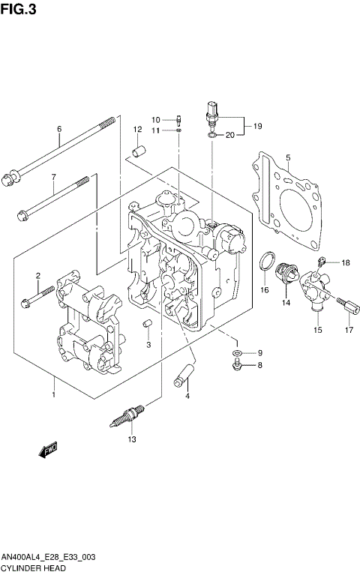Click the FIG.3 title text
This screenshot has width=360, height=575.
click(x=19, y=9)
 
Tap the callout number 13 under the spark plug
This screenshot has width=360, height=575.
click(x=131, y=439)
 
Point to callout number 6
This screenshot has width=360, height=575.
click(x=58, y=128)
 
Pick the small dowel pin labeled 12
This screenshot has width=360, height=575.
click(x=137, y=150)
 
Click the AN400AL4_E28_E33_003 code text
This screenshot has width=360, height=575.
click(x=47, y=559)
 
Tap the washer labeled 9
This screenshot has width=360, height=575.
click(x=236, y=352)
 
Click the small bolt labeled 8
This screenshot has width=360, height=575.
click(x=236, y=364)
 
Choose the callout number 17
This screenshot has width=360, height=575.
click(x=349, y=329)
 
